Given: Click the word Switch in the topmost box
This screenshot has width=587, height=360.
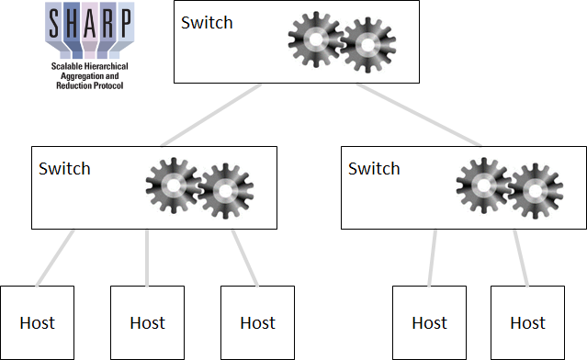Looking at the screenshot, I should [x=207, y=22].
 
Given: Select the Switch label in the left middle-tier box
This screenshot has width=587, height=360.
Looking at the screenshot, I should [x=64, y=168].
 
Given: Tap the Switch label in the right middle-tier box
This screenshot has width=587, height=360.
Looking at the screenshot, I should [x=374, y=168].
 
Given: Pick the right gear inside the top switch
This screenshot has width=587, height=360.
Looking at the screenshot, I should [x=367, y=43].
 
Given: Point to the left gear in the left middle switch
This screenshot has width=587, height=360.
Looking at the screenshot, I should [x=172, y=187].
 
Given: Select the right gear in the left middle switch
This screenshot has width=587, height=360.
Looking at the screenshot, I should [x=225, y=189].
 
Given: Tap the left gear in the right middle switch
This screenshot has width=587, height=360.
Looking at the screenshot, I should [x=483, y=187].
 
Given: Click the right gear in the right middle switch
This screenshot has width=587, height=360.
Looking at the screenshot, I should [x=536, y=189].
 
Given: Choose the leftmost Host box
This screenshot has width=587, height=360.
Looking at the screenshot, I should [x=37, y=322].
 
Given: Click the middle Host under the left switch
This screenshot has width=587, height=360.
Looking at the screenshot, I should [x=147, y=322].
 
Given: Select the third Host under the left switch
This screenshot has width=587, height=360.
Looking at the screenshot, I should [x=257, y=322].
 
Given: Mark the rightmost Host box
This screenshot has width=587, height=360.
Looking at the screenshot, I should [x=527, y=322].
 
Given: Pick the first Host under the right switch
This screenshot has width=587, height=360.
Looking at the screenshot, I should [x=429, y=322].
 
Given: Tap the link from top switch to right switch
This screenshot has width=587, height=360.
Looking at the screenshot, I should [x=419, y=115].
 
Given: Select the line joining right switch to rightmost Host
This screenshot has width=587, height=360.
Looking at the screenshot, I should [x=520, y=257].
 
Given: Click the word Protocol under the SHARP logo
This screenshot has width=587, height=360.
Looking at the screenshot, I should [x=108, y=85].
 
